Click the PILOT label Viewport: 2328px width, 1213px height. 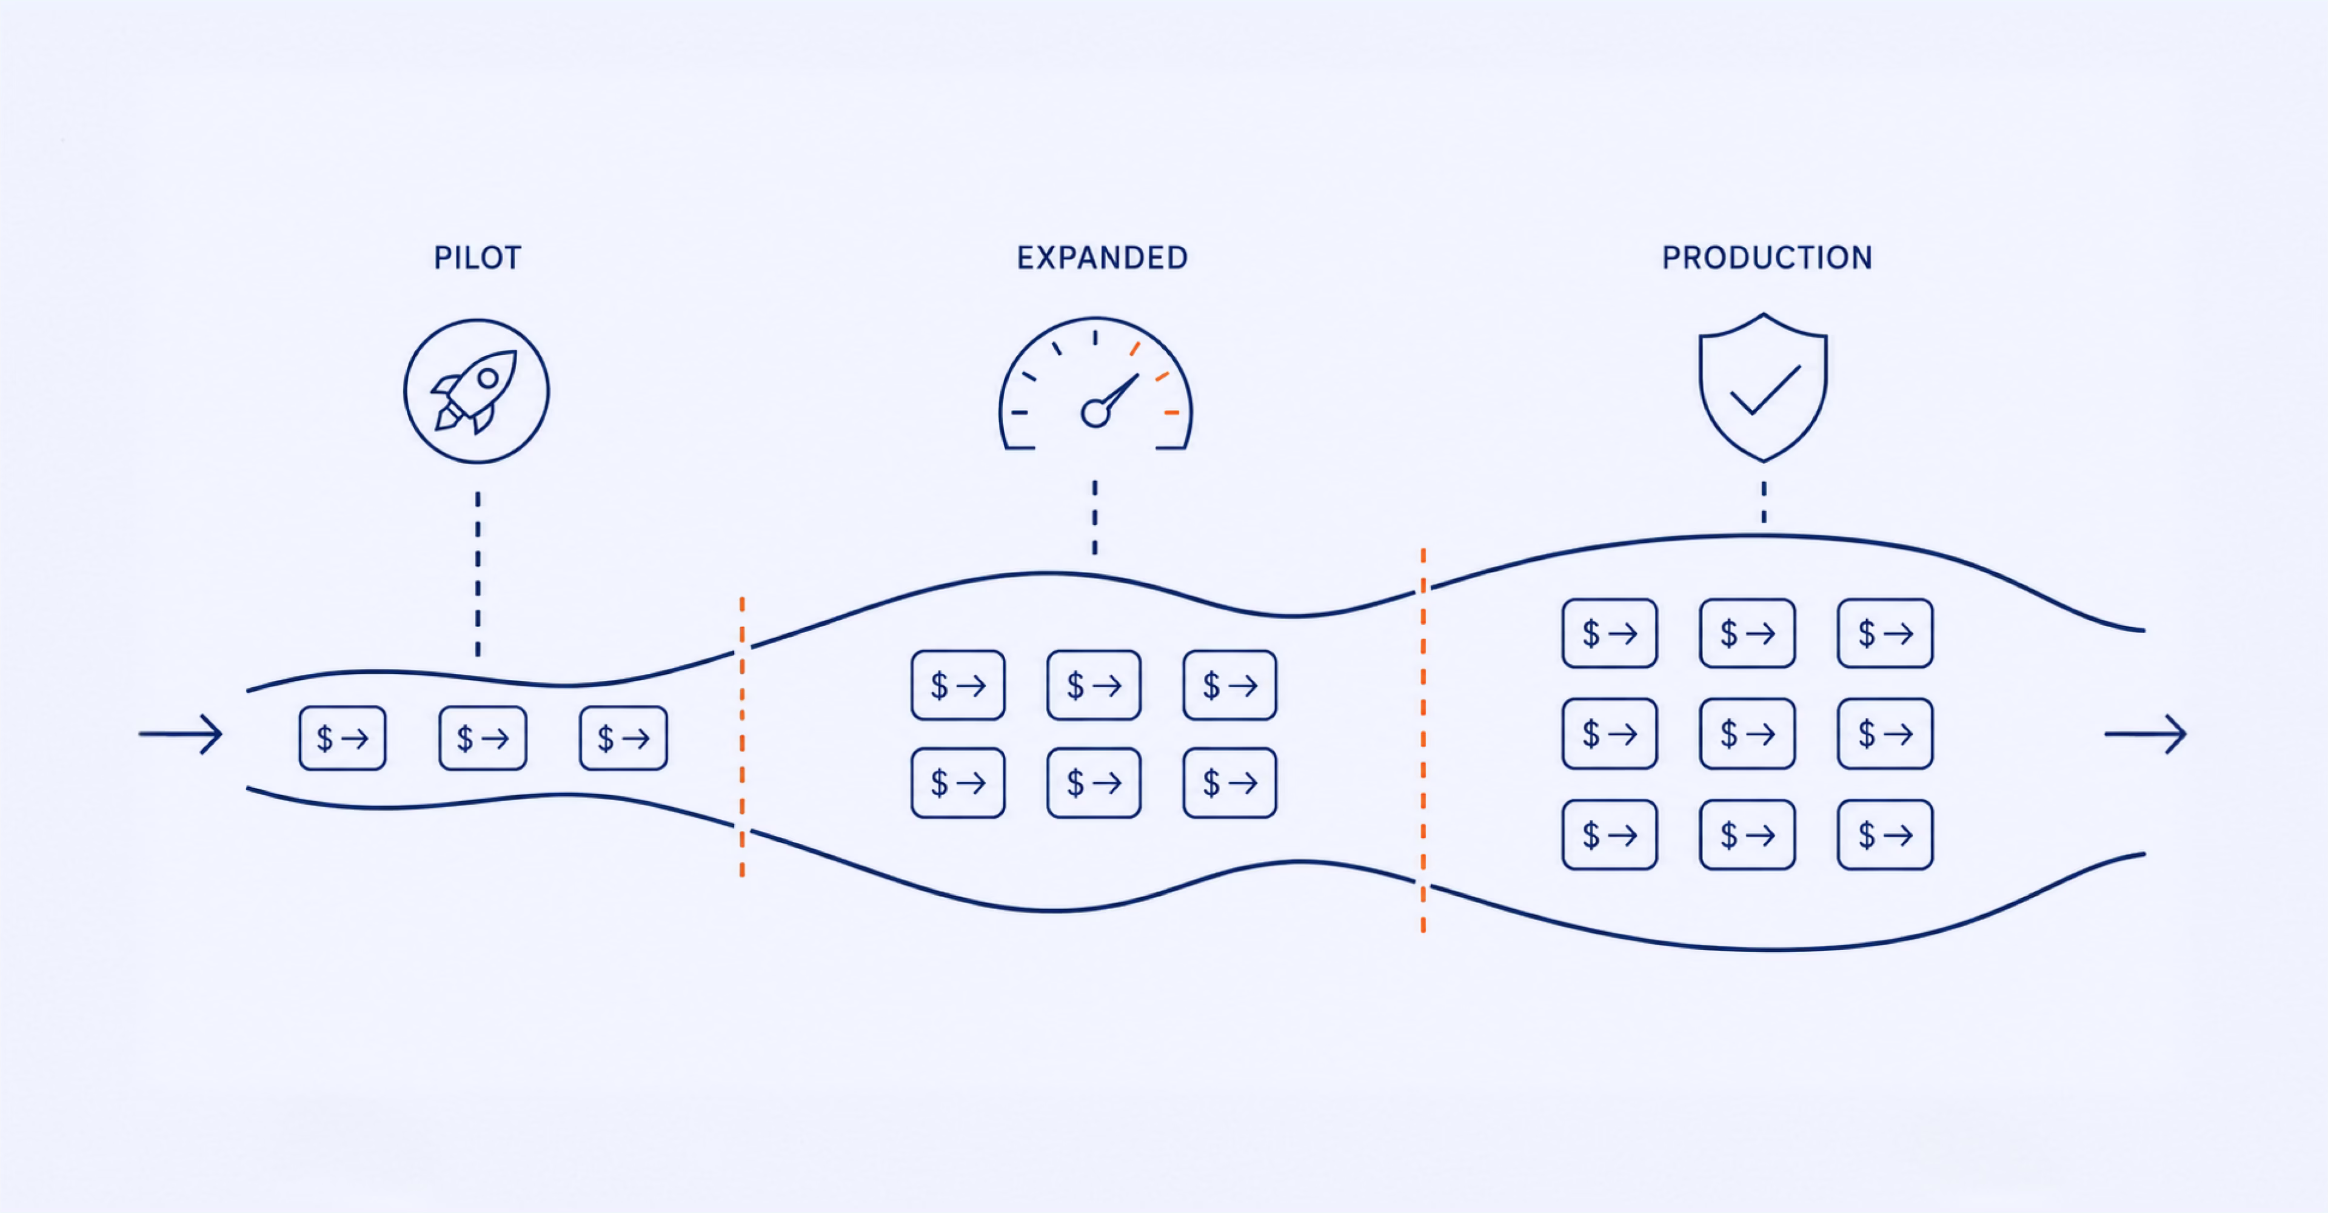point(477,258)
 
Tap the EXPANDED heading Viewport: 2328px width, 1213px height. point(1102,258)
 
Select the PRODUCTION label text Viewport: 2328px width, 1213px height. point(1767,258)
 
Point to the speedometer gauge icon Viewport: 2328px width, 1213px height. point(1095,383)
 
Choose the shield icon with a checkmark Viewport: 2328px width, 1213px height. point(1763,387)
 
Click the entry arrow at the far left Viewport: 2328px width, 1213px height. point(181,734)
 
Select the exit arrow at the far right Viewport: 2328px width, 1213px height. point(2146,734)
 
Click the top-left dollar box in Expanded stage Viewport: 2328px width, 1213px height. point(958,685)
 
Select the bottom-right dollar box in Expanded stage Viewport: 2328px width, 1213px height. point(1230,783)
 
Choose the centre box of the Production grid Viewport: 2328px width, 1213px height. point(1747,734)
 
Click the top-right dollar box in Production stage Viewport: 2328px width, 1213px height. point(1885,634)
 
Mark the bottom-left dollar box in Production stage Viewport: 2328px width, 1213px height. point(1610,835)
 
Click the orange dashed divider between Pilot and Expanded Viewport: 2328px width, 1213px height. point(742,737)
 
